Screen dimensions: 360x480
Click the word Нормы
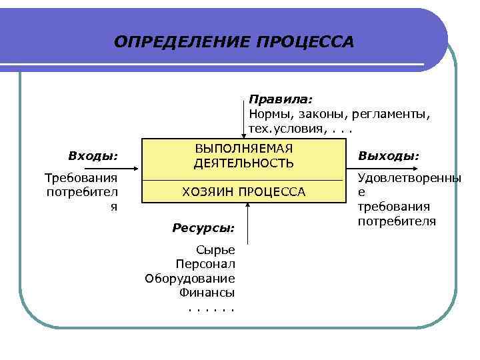[268, 114]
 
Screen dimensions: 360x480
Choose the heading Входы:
[93, 156]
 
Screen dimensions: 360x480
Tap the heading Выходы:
[388, 156]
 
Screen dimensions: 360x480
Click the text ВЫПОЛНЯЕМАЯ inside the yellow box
[243, 149]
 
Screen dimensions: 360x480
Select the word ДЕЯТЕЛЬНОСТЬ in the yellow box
[243, 163]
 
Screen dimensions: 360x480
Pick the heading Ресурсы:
[203, 228]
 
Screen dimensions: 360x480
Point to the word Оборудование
[190, 278]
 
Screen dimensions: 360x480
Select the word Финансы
[207, 292]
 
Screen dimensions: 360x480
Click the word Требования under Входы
[81, 178]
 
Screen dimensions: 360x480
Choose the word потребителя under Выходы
[397, 221]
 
